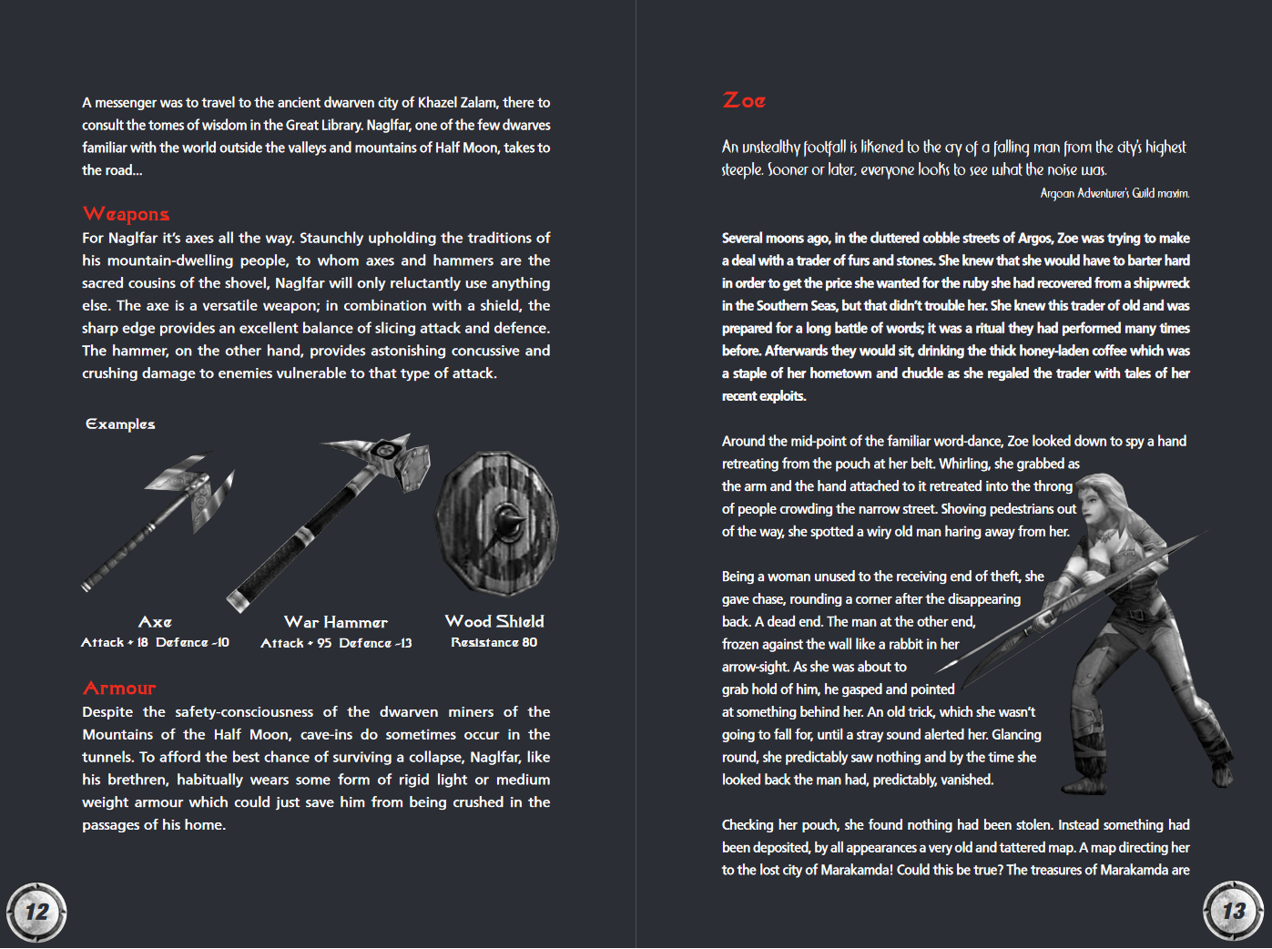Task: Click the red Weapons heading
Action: point(126,214)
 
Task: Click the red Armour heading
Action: point(119,689)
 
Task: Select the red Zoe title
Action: point(744,100)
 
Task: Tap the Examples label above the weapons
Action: point(120,424)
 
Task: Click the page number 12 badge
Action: point(36,912)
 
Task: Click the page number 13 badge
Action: point(1234,911)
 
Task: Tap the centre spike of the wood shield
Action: point(506,524)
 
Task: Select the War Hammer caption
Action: point(335,622)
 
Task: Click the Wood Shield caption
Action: point(494,621)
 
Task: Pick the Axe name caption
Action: point(155,622)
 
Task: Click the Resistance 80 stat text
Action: point(494,643)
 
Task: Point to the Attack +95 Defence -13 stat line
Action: point(336,644)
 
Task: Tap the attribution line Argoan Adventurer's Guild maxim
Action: point(1114,193)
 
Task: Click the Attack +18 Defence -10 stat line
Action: point(155,643)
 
